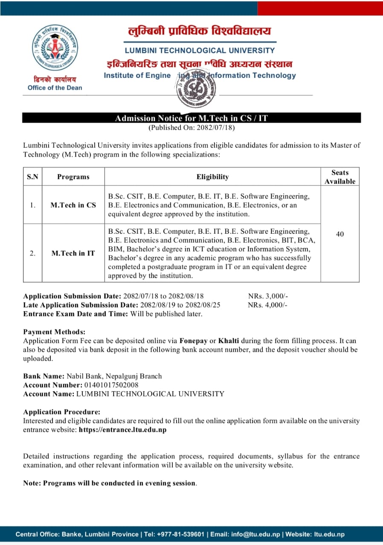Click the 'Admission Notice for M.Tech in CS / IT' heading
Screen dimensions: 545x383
point(191,118)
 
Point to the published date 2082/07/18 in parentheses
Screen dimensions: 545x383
point(191,127)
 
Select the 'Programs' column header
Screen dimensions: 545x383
point(73,177)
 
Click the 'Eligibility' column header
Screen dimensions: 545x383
point(212,177)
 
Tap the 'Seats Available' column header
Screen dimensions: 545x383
point(340,177)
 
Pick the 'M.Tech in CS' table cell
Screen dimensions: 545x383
point(73,205)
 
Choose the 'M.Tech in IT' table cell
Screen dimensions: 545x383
point(73,253)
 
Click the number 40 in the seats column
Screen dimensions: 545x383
point(340,234)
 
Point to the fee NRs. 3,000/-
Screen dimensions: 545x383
point(268,296)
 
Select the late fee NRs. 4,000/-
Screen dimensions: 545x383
point(268,305)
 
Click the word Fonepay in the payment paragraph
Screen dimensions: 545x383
point(193,341)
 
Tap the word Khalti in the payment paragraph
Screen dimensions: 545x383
point(229,341)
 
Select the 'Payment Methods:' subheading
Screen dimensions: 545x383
point(54,332)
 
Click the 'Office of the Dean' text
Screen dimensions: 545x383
point(55,88)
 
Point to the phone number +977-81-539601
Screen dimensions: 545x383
point(180,534)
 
